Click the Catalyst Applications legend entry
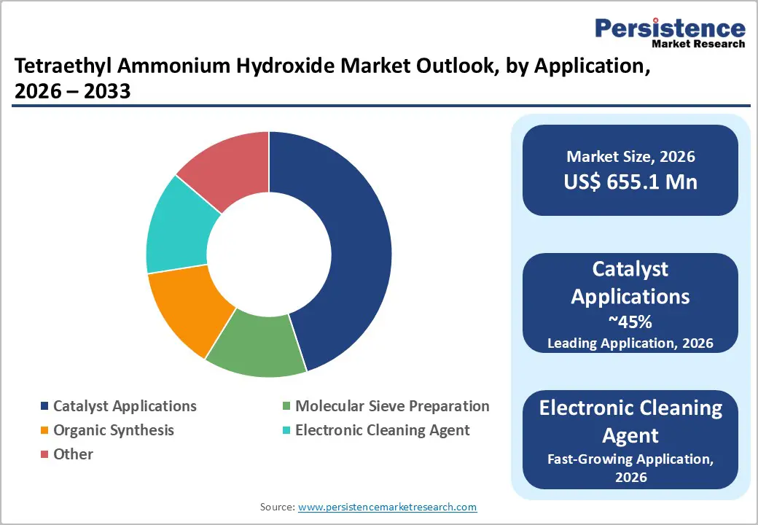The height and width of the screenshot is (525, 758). (x=125, y=406)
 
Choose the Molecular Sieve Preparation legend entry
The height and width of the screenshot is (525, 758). (x=392, y=406)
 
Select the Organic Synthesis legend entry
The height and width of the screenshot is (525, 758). (x=113, y=430)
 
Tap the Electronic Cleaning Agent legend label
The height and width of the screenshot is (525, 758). (x=382, y=430)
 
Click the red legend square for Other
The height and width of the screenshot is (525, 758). (x=45, y=454)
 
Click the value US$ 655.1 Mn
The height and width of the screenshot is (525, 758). (x=630, y=182)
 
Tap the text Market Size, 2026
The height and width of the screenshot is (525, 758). (x=630, y=156)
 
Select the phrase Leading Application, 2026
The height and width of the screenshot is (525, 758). (x=630, y=343)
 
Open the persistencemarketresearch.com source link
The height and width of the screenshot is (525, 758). (x=387, y=507)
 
